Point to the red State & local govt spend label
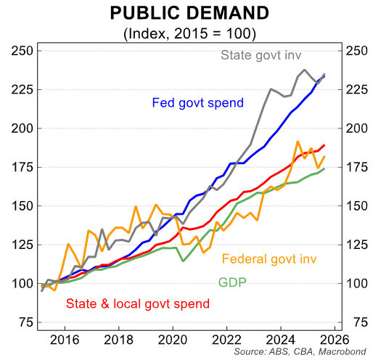pyautogui.click(x=132, y=303)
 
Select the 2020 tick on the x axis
pyautogui.click(x=173, y=339)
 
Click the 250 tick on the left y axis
pyautogui.click(x=21, y=50)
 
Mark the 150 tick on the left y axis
pyautogui.click(x=21, y=205)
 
